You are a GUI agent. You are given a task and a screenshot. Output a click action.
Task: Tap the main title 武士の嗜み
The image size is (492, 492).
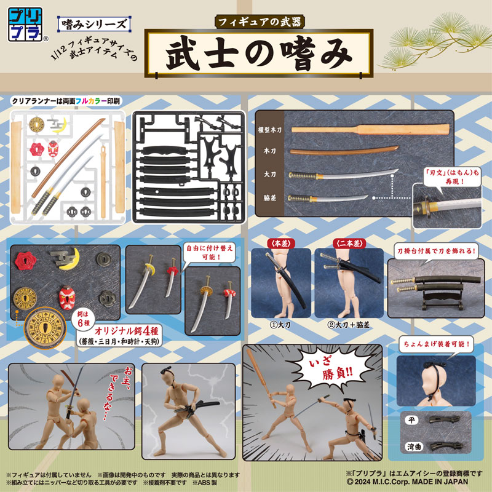coord(259,54)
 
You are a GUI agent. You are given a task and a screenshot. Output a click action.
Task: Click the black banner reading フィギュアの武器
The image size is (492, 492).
coord(259,20)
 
